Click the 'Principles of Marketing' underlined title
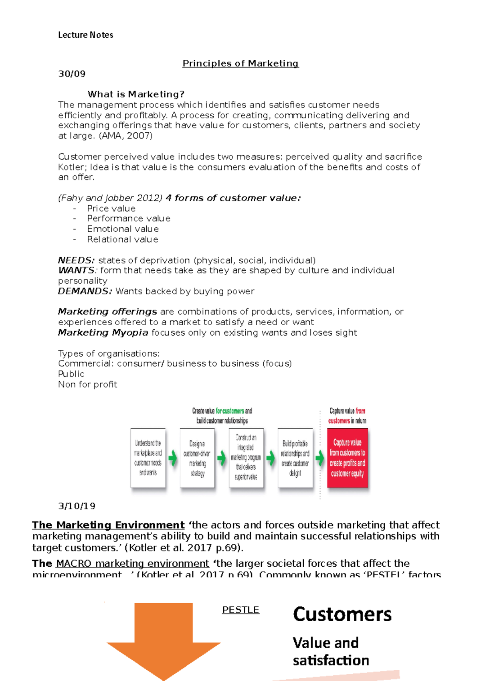pyautogui.click(x=240, y=63)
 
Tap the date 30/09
pyautogui.click(x=72, y=74)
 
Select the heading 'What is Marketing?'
pyautogui.click(x=136, y=94)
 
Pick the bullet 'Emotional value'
pyautogui.click(x=123, y=229)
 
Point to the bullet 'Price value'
pyautogui.click(x=111, y=209)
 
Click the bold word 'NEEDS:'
pyautogui.click(x=76, y=260)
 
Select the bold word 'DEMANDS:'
pyautogui.click(x=85, y=291)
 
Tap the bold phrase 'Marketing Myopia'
pyautogui.click(x=103, y=332)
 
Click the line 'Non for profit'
pyautogui.click(x=87, y=384)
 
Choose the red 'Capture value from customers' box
pyautogui.click(x=347, y=458)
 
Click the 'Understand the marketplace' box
pyautogui.click(x=148, y=458)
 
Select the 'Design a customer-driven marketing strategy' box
pyautogui.click(x=197, y=458)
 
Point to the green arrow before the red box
pyautogui.click(x=319, y=458)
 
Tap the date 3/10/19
pyautogui.click(x=77, y=506)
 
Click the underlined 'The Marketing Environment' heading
pyautogui.click(x=108, y=525)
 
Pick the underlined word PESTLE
pyautogui.click(x=240, y=610)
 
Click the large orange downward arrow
pyautogui.click(x=164, y=638)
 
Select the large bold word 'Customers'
pyautogui.click(x=342, y=614)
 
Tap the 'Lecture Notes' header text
pyautogui.click(x=85, y=35)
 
